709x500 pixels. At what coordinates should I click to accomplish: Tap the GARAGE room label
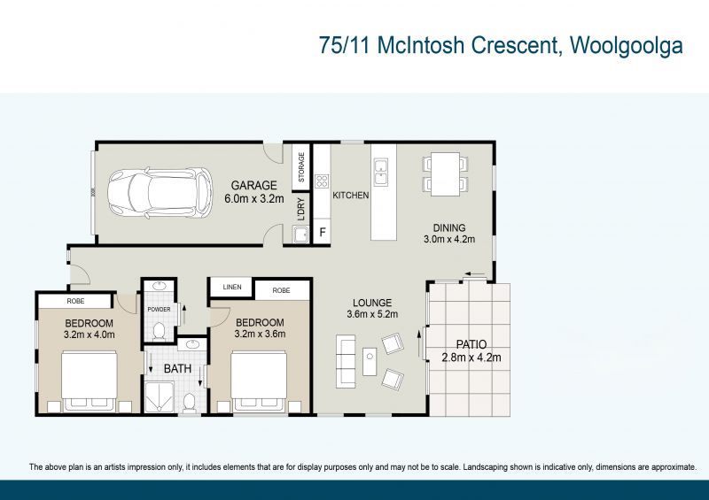coord(253,186)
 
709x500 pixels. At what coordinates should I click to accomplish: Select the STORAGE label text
coord(301,167)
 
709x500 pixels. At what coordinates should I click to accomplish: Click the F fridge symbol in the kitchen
coord(322,233)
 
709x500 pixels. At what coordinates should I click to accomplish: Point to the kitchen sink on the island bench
coord(381,172)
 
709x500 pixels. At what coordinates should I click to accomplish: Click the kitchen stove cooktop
coord(321,188)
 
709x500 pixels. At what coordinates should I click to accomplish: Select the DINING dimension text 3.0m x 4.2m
coord(449,239)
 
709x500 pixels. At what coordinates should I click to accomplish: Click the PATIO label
coord(471,344)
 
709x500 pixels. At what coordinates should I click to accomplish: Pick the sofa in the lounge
coord(346,362)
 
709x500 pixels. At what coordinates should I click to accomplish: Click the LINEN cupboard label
coord(231,288)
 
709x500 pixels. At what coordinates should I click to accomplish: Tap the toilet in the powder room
coord(159,331)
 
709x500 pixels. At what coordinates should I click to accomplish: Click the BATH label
coord(176,367)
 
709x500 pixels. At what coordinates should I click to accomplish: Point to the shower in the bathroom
coord(160,397)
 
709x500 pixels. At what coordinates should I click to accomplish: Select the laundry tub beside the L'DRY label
coord(300,234)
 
